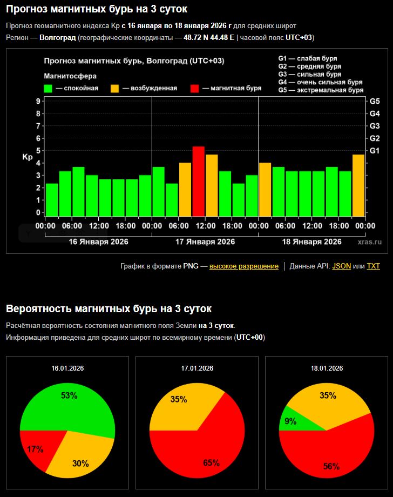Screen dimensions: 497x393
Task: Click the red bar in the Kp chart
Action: (199, 181)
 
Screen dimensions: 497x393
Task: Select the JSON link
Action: (341, 266)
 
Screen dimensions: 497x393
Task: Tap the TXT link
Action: (373, 266)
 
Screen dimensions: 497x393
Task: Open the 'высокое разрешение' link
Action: (244, 266)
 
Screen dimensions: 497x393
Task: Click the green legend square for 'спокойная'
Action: (48, 88)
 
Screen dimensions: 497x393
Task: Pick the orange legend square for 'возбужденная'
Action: (114, 88)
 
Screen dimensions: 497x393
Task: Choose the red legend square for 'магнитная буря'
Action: (195, 88)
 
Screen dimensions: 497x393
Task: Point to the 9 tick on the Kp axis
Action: (38, 101)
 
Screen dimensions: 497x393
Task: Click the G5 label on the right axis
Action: (375, 101)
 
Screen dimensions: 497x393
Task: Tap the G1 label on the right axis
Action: (375, 151)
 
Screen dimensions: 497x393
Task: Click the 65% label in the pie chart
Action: (211, 462)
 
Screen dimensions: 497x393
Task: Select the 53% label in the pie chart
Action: (69, 395)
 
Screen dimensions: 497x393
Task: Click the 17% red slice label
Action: (35, 449)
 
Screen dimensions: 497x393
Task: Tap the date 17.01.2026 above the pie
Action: (197, 368)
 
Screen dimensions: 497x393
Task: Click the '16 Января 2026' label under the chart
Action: (98, 241)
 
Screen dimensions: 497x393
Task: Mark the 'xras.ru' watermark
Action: (369, 242)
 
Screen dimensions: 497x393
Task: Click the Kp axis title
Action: (28, 157)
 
